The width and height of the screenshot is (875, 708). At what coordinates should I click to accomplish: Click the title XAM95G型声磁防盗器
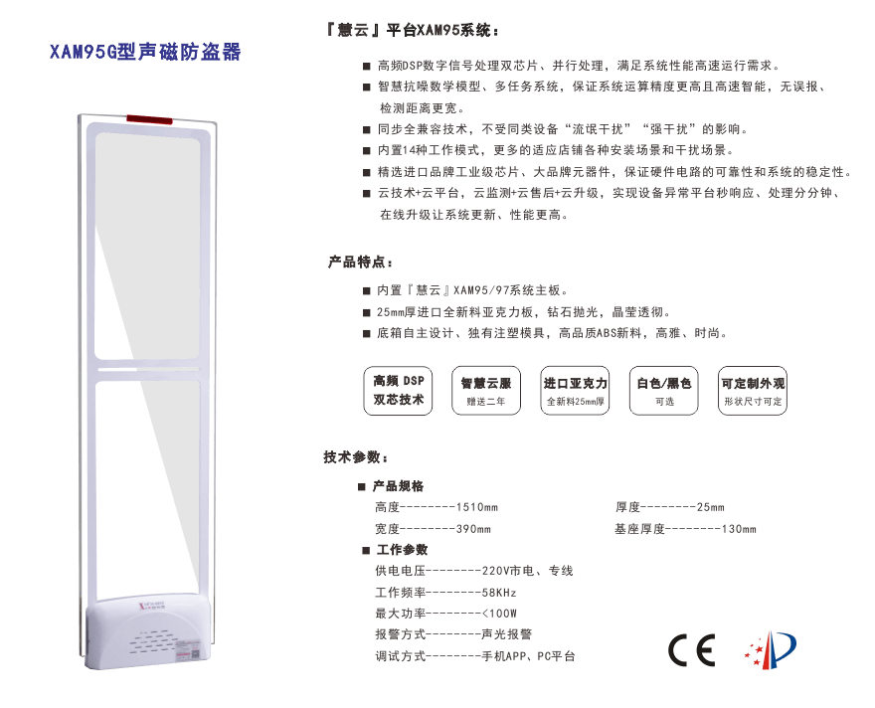click(145, 52)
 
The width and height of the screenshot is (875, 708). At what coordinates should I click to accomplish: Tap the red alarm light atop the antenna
click(149, 119)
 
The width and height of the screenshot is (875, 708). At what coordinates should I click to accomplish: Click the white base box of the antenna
click(148, 632)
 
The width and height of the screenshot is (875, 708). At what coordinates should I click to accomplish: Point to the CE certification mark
click(691, 650)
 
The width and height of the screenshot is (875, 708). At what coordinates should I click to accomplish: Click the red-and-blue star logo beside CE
click(771, 649)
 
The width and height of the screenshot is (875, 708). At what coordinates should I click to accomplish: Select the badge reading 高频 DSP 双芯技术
click(398, 391)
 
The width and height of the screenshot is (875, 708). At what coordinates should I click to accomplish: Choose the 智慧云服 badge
click(486, 391)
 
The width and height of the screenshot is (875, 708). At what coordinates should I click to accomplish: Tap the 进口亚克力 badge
click(575, 391)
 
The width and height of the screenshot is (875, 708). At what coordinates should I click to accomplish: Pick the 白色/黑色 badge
click(663, 391)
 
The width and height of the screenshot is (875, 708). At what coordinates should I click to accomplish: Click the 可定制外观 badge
click(753, 391)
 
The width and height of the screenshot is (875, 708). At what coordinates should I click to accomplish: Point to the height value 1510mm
click(477, 507)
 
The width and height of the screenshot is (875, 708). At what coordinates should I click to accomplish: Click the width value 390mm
click(473, 529)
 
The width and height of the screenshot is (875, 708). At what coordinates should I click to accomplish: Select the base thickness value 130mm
click(740, 529)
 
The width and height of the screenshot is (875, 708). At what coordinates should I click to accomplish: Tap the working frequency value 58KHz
click(499, 593)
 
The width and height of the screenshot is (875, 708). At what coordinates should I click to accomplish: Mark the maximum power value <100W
click(499, 614)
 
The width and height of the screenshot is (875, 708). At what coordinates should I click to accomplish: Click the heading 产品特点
click(361, 262)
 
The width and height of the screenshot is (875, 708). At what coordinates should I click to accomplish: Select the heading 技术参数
click(356, 457)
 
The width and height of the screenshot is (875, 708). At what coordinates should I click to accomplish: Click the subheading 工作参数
click(402, 550)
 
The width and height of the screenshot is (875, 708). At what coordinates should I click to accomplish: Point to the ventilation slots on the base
click(151, 642)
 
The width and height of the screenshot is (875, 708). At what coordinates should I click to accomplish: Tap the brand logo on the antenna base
click(152, 606)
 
